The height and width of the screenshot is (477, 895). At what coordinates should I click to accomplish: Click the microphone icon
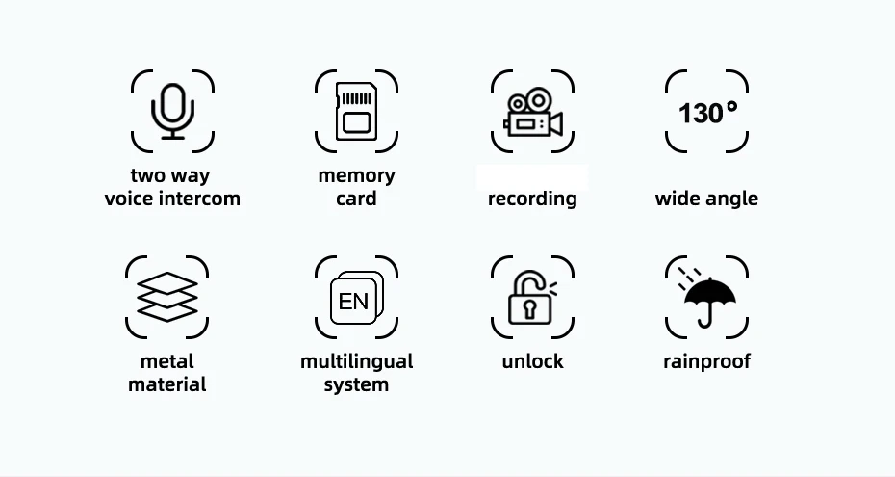[x=172, y=110]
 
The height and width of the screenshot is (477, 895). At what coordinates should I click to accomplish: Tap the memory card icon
[x=355, y=111]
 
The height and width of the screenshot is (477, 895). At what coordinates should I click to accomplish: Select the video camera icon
[x=532, y=113]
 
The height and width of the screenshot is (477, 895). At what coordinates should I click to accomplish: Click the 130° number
[x=707, y=113]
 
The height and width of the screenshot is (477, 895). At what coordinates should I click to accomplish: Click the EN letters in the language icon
[x=353, y=302]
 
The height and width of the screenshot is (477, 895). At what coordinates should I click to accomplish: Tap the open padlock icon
[x=529, y=300]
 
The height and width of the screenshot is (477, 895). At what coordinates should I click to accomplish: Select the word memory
[x=356, y=176]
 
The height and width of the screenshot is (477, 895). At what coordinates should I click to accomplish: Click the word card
[x=356, y=199]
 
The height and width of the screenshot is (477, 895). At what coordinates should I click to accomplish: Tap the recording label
[x=532, y=199]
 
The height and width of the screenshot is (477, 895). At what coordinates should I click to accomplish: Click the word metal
[x=167, y=362]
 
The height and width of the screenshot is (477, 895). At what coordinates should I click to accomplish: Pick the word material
[x=167, y=385]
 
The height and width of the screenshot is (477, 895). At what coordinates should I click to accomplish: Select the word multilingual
[x=356, y=362]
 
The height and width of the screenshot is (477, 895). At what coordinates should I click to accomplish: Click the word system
[x=356, y=385]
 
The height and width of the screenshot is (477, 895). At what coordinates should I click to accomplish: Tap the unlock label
[x=532, y=362]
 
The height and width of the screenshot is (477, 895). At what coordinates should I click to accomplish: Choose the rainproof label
[x=706, y=362]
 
